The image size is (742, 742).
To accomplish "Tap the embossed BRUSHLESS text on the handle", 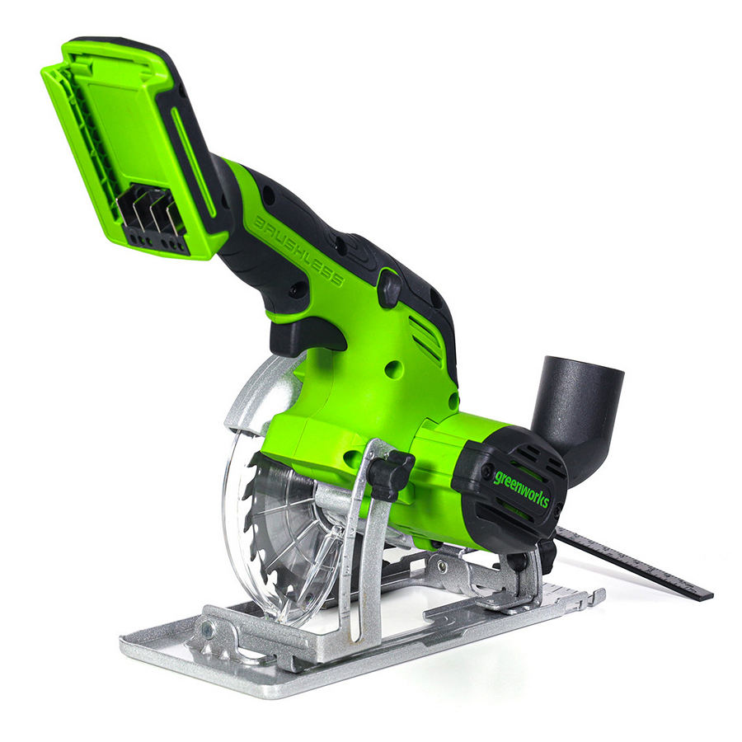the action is tap(299, 251).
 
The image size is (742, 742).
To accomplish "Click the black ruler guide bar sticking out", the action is tap(634, 561).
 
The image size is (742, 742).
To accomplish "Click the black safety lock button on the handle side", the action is tap(389, 288).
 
